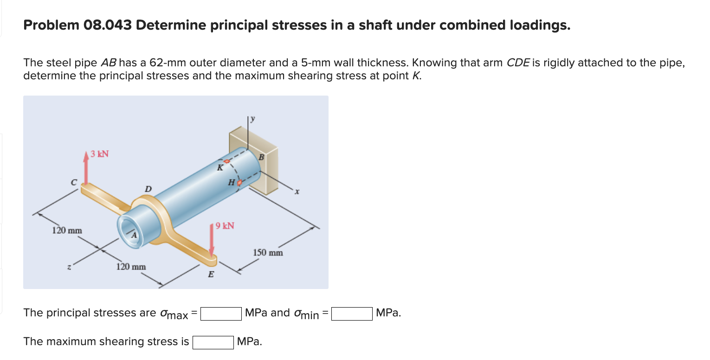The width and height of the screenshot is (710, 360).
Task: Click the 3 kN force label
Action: [100, 154]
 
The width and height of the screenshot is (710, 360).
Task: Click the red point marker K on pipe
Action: [227, 161]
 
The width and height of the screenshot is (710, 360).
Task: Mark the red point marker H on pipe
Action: [239, 184]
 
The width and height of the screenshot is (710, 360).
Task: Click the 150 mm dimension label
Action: [268, 253]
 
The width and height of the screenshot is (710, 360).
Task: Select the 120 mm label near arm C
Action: [67, 230]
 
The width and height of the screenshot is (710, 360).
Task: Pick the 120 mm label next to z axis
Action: [130, 267]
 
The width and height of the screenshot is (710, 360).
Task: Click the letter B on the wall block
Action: [261, 157]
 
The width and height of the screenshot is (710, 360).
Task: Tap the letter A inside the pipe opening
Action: [133, 235]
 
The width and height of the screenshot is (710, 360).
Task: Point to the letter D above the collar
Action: [148, 189]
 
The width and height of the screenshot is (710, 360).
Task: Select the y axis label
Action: [253, 119]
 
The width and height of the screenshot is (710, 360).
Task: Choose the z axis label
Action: [69, 267]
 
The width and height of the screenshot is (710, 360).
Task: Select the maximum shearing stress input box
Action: [213, 342]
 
